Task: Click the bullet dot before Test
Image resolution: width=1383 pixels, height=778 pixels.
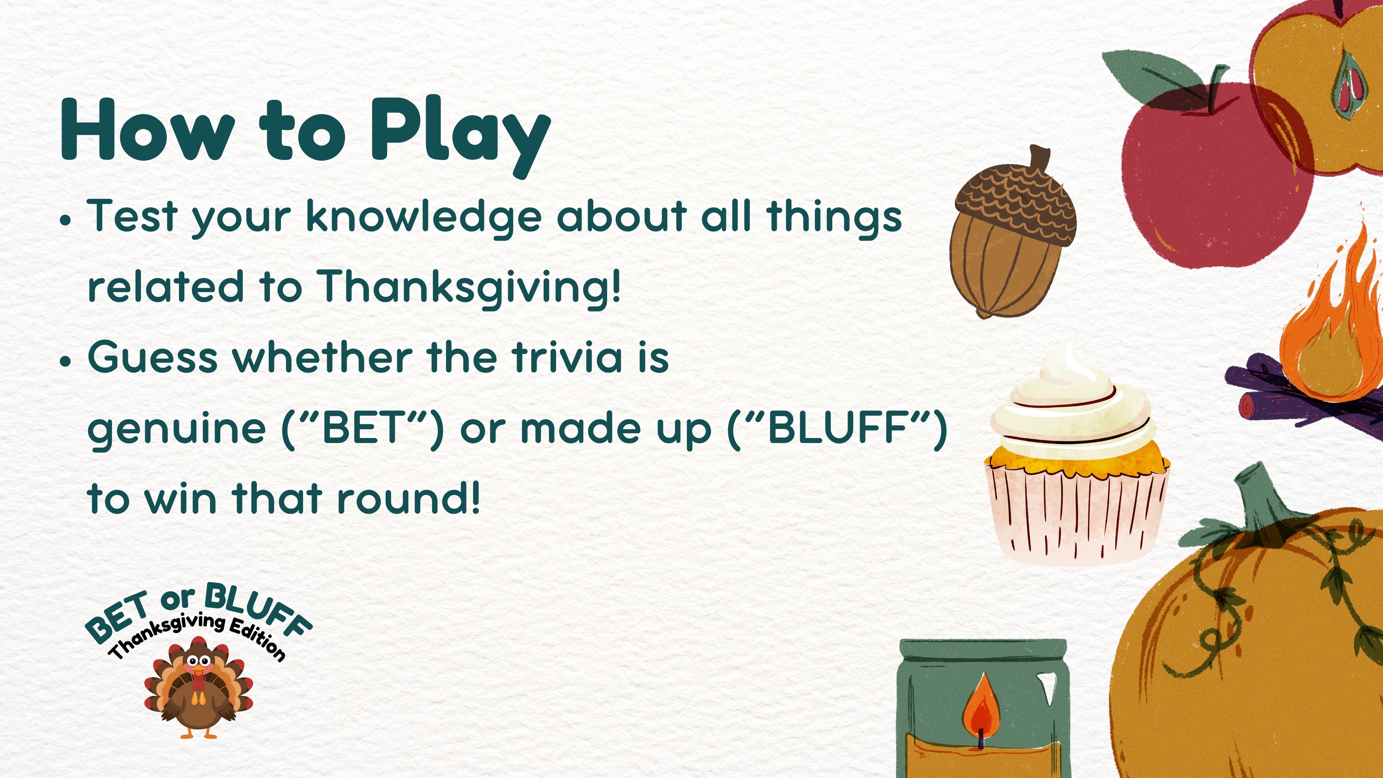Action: point(66,220)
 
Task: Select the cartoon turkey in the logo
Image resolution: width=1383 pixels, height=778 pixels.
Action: point(198,687)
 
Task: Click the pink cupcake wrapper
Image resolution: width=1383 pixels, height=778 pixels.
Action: point(1077,515)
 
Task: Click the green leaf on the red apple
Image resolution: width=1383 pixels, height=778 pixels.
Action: point(1149,72)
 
